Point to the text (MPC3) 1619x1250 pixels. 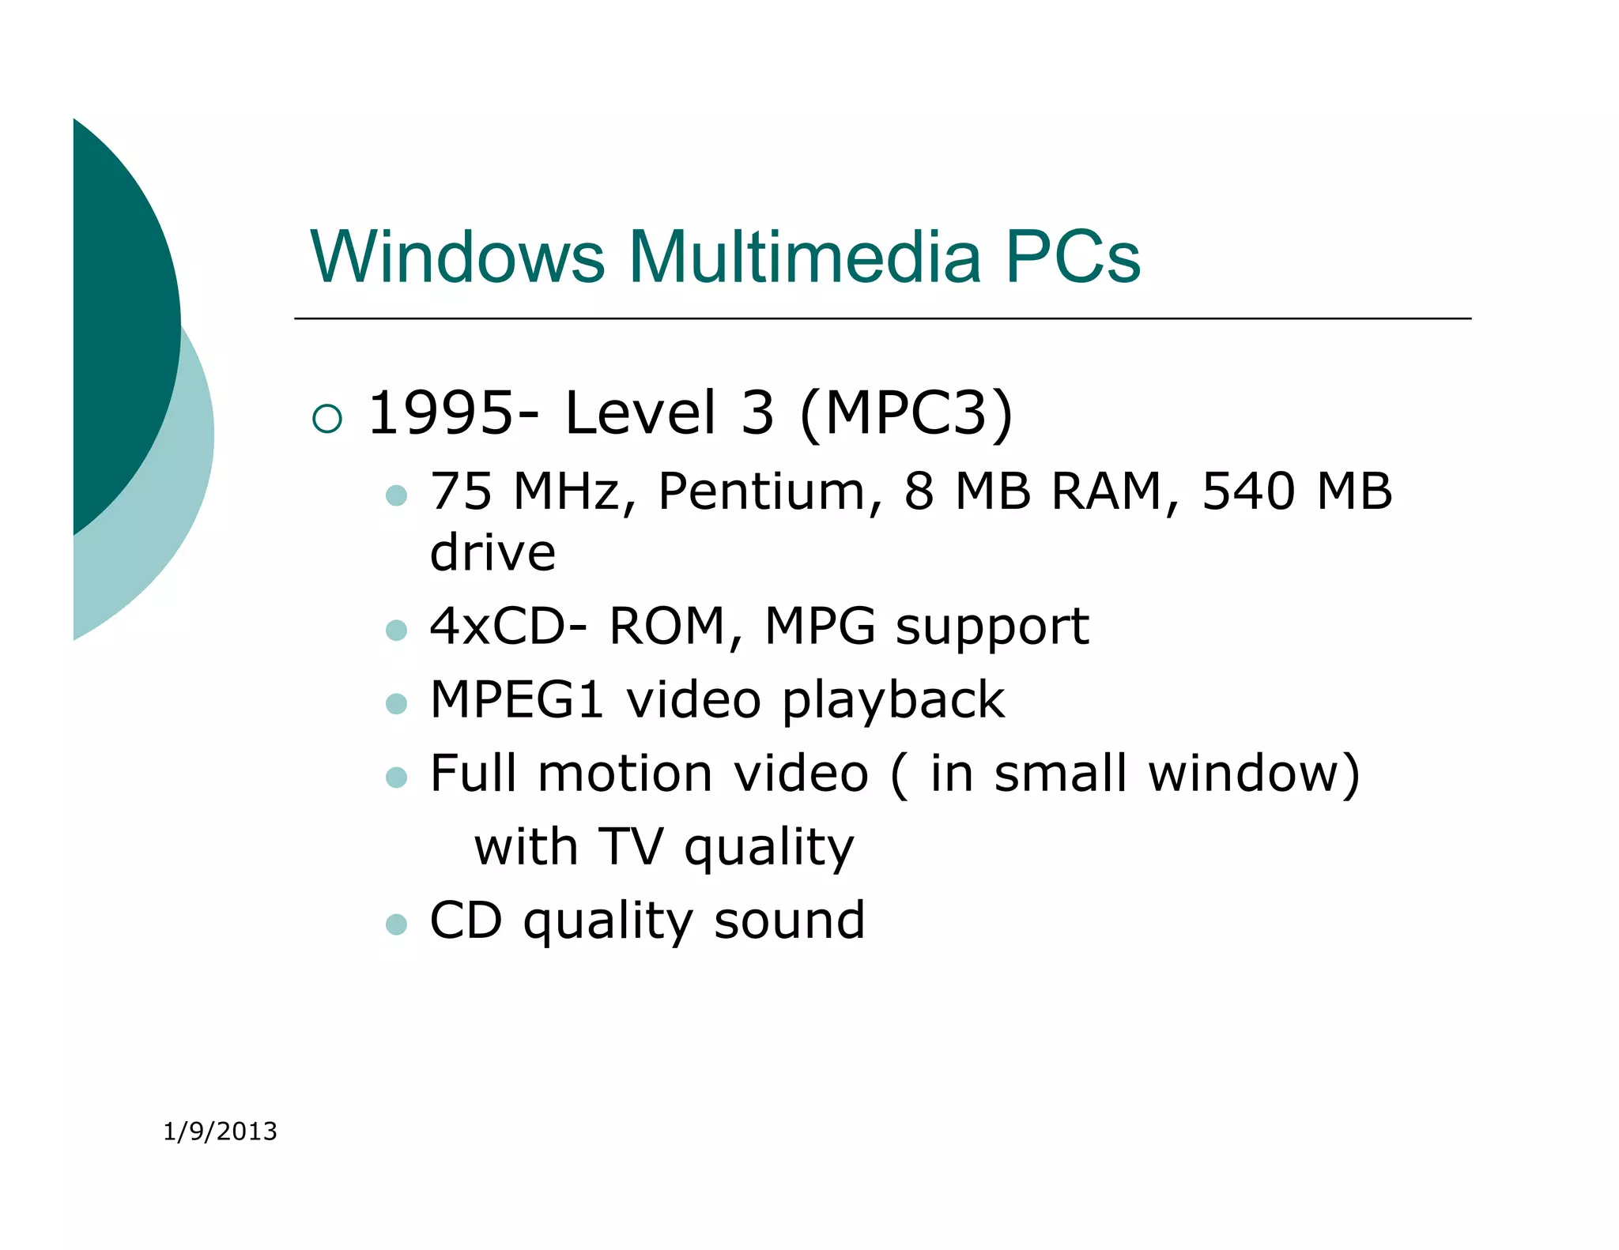pyautogui.click(x=907, y=412)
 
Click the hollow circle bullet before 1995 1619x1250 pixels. pyautogui.click(x=327, y=418)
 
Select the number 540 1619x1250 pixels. pyautogui.click(x=1248, y=491)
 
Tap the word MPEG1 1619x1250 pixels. pyautogui.click(x=517, y=699)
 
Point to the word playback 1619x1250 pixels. pyautogui.click(x=893, y=700)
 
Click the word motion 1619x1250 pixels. pyautogui.click(x=625, y=773)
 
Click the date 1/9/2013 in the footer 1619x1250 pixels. pyautogui.click(x=220, y=1131)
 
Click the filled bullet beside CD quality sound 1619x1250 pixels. pyautogui.click(x=396, y=924)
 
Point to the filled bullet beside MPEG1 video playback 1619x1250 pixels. pyautogui.click(x=396, y=703)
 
